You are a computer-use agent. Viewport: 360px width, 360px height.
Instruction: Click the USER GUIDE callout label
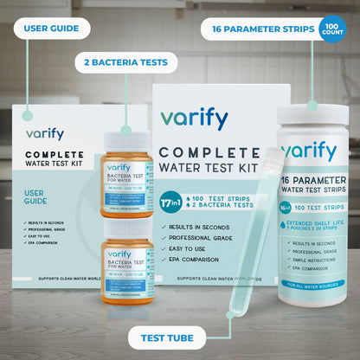coord(53,29)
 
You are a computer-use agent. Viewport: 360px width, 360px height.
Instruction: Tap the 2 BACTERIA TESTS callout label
coord(126,62)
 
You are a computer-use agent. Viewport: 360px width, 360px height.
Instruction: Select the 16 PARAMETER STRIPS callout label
coord(258,29)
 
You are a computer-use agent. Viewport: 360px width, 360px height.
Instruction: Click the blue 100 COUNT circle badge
coord(332,29)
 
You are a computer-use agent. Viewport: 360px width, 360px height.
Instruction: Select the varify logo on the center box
coord(194,119)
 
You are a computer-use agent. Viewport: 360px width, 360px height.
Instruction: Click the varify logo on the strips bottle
coord(308,152)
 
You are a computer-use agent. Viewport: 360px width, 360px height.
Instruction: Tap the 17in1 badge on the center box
coord(170,203)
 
